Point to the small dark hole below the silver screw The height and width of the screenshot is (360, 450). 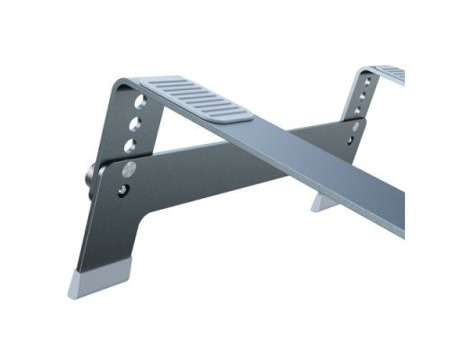point(123,189)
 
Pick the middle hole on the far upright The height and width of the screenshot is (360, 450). point(363,94)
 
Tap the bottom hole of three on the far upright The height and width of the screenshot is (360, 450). point(360,106)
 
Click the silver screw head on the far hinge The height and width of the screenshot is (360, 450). point(355,127)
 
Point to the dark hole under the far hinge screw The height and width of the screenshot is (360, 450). point(353,139)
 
